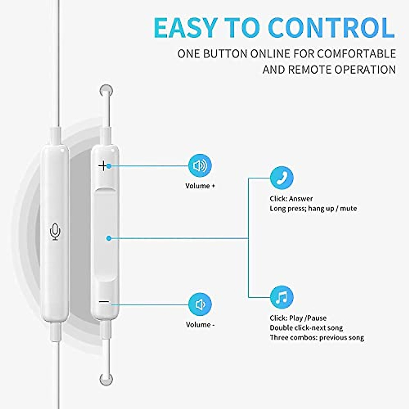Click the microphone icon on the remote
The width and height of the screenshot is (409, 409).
tap(55, 231)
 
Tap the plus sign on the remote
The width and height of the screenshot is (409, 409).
tap(103, 166)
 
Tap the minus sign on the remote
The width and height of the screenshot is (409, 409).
tap(104, 302)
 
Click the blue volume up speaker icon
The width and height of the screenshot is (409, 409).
tap(200, 166)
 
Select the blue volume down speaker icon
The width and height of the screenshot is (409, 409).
tap(200, 304)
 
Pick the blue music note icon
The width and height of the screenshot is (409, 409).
tap(282, 297)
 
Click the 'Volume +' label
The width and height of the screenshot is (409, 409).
tap(200, 186)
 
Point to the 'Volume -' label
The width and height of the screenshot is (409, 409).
tap(200, 325)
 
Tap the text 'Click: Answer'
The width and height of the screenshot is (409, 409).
tap(291, 199)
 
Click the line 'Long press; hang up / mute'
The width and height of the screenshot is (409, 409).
tap(313, 209)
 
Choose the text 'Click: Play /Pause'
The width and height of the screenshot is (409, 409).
tap(298, 318)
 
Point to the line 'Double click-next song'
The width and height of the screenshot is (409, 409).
tap(306, 328)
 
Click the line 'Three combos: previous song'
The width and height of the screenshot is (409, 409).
tap(317, 338)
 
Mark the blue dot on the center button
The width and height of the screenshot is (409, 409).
tap(108, 238)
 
